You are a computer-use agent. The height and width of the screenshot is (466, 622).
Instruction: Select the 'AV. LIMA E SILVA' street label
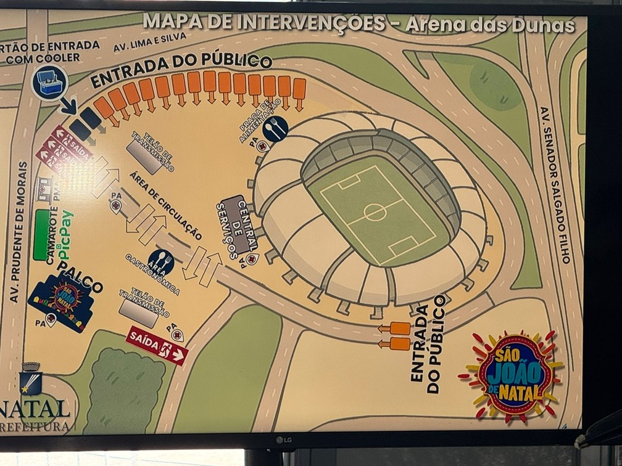tap(143, 43)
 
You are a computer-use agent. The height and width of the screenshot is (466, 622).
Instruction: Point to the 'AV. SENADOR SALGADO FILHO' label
tap(556, 185)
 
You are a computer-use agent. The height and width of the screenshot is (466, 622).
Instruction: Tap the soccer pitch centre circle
tap(375, 212)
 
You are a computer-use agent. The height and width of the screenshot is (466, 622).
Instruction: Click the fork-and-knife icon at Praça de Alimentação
tap(275, 128)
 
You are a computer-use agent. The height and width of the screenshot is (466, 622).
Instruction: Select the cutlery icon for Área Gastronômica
tap(161, 262)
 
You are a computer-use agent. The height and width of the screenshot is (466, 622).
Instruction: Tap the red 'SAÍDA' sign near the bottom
tap(157, 346)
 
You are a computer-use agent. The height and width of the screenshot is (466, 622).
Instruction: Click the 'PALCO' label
tap(80, 278)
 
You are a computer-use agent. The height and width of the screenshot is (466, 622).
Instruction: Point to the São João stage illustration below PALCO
tap(62, 301)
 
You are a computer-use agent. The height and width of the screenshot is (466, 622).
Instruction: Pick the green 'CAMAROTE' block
tap(42, 235)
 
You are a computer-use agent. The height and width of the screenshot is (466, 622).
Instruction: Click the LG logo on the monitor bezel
tap(283, 439)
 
